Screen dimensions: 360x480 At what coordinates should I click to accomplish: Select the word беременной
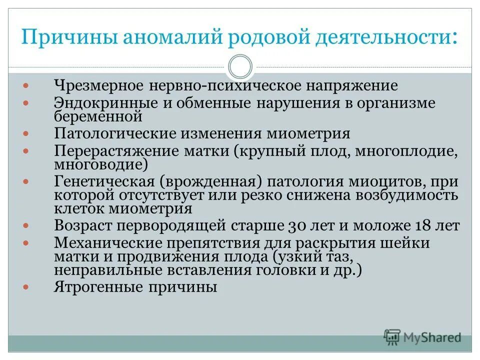[98, 116]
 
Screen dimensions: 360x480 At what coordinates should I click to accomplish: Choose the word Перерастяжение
[115, 151]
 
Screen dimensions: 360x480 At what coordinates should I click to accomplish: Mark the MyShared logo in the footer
[422, 337]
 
